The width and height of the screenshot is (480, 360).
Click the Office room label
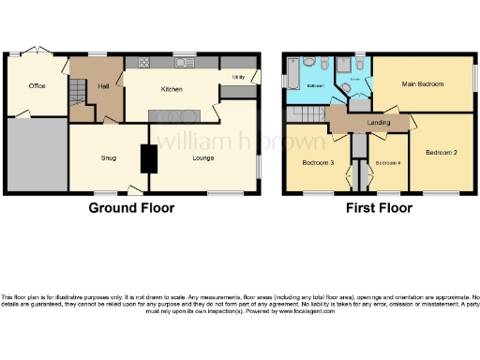tap(37, 86)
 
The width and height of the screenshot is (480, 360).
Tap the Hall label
tap(103, 86)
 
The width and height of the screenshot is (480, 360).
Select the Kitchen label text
tap(171, 89)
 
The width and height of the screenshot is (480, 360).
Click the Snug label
tap(109, 157)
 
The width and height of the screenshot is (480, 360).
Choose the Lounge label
tap(203, 157)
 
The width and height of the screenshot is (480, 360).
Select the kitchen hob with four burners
tap(146, 63)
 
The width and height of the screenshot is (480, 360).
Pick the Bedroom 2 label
tap(441, 152)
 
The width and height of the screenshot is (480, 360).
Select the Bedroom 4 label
tap(387, 163)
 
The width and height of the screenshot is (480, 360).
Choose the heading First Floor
tap(381, 208)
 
